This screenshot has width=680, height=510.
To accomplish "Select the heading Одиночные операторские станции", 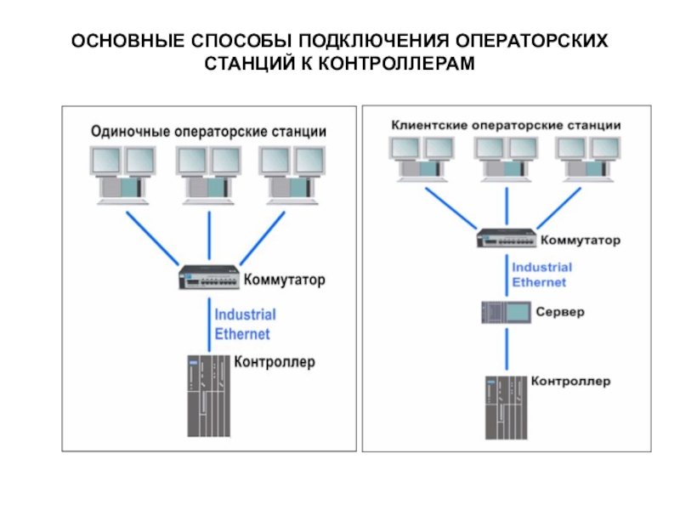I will click(208, 133).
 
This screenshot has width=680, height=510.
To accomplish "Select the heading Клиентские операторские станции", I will click(506, 124).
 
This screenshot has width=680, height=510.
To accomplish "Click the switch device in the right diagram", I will click(507, 239).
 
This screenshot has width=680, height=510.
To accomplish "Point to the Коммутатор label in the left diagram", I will click(285, 279).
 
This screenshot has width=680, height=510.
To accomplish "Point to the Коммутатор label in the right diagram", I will click(581, 241).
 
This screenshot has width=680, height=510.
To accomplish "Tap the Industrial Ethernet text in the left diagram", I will click(245, 324).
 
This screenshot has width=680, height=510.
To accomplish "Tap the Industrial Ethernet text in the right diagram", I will click(539, 274).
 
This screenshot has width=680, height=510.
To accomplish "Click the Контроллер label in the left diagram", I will click(274, 362).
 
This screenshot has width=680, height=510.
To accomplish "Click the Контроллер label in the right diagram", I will click(571, 381).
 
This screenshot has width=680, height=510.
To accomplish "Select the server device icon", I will click(506, 312).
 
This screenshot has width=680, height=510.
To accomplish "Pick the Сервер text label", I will click(560, 312).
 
